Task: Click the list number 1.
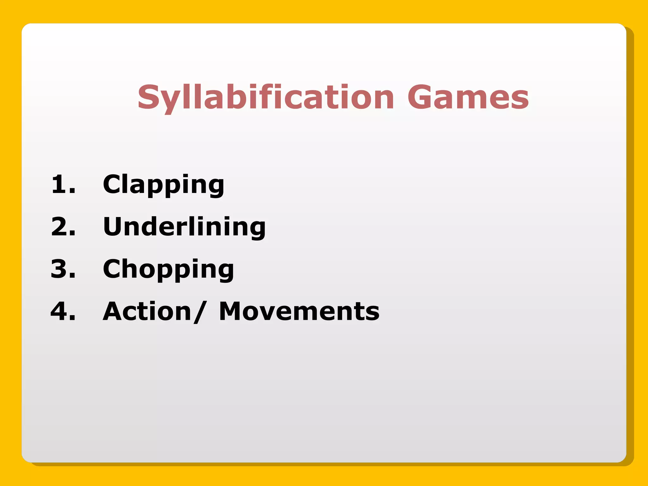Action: click(x=60, y=184)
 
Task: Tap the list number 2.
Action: click(x=60, y=227)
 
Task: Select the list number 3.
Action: click(x=60, y=269)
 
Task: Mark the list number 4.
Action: click(x=60, y=311)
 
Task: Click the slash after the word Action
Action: click(x=200, y=311)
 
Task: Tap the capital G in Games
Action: click(x=421, y=97)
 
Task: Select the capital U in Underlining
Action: click(x=114, y=227)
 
